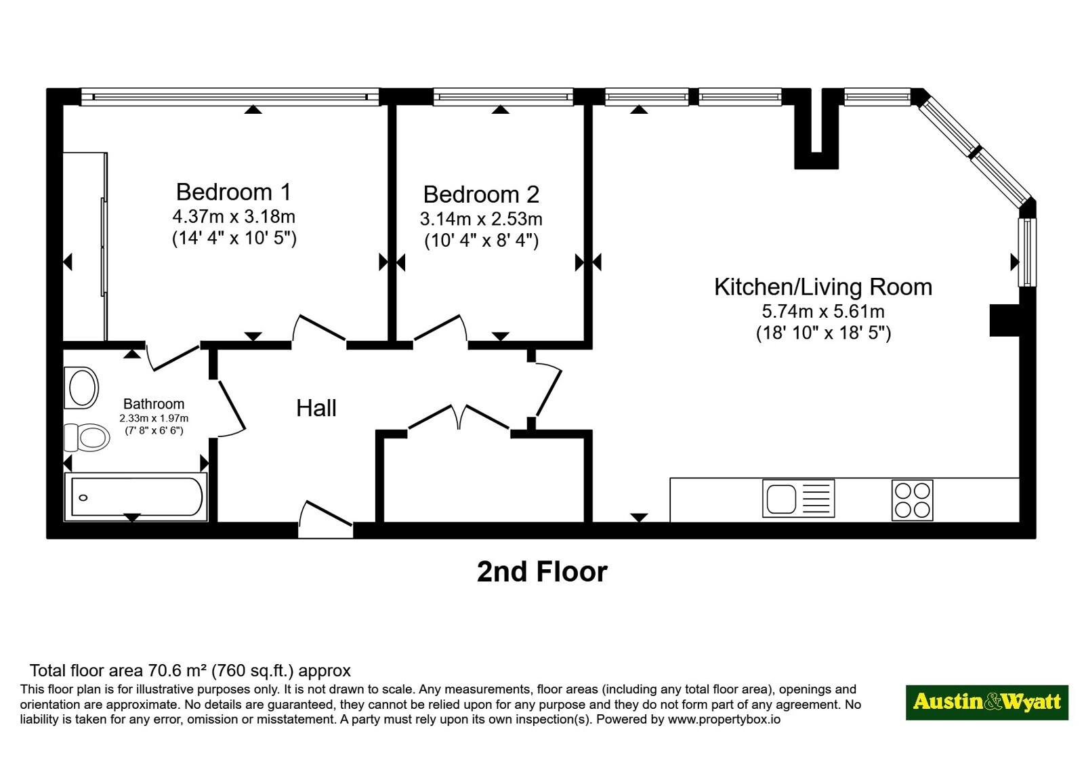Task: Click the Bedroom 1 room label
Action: tap(234, 192)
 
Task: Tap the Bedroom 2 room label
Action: tap(481, 194)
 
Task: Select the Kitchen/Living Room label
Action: tap(823, 287)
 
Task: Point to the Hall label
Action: tap(316, 408)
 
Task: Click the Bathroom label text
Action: tap(154, 404)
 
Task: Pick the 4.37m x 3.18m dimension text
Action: tap(234, 216)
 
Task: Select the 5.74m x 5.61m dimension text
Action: tap(823, 311)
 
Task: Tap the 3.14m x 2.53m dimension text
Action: tap(481, 219)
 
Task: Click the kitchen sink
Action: tap(799, 499)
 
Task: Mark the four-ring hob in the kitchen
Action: tap(912, 501)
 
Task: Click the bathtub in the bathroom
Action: tap(136, 497)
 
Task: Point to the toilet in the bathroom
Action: tap(87, 438)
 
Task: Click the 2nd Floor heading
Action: tap(542, 572)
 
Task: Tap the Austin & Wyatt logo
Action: tap(987, 702)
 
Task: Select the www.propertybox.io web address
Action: tap(724, 719)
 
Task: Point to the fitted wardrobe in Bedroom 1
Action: tap(85, 247)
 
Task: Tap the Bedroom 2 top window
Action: tap(503, 97)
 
